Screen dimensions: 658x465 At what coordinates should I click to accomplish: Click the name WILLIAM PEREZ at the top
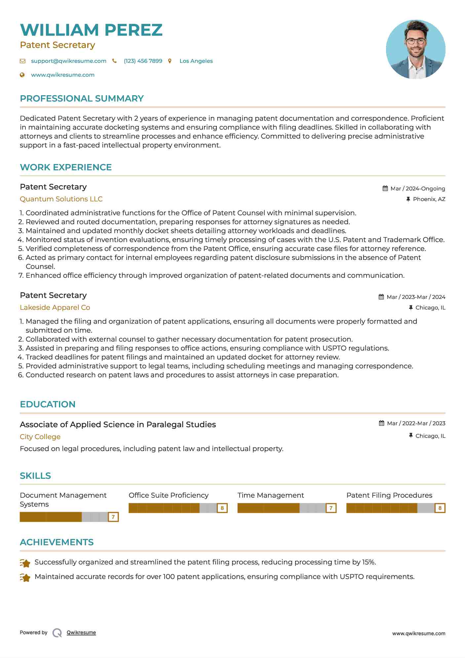coord(91,30)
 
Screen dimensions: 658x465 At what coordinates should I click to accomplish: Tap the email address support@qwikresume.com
coord(68,61)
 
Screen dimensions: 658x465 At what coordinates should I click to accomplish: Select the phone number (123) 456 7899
coord(143,61)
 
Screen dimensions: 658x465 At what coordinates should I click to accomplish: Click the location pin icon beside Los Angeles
coord(170,61)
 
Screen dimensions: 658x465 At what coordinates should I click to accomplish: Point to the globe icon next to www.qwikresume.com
coord(22,75)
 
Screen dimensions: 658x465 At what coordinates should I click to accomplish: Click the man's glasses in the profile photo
coord(415,41)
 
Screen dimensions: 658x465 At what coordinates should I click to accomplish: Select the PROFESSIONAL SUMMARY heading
coord(82,99)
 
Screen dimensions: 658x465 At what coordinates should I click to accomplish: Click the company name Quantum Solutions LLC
coord(61,199)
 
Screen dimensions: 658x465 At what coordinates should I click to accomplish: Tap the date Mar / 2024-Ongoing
coord(417,188)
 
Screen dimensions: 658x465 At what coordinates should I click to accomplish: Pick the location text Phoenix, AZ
coord(429,199)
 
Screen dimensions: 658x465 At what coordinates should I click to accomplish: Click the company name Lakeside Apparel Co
coord(55,308)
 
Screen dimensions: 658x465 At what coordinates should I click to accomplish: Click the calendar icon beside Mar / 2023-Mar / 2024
coord(381,297)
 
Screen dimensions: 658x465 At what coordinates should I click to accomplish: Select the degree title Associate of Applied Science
coord(118,425)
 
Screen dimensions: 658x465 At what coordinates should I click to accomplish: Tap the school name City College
coord(40,437)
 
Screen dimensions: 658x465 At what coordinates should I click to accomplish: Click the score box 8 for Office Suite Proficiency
coord(222,508)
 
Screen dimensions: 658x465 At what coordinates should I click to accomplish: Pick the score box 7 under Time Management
coord(331,508)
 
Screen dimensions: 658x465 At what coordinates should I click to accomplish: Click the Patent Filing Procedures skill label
coord(389,495)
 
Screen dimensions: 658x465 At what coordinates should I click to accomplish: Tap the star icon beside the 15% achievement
coord(25,562)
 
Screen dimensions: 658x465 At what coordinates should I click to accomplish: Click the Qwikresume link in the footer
coord(81,633)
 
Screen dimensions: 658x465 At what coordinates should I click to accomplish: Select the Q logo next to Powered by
coord(57,633)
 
